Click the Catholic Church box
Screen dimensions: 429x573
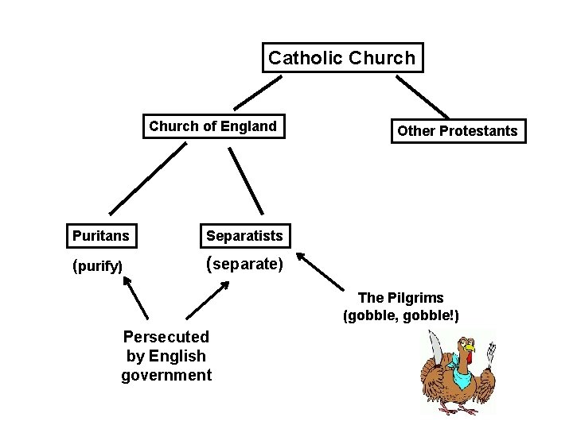point(342,58)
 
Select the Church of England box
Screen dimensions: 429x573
point(213,126)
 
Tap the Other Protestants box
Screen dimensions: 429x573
point(458,131)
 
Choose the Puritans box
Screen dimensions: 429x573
point(101,235)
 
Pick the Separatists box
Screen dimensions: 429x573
point(244,235)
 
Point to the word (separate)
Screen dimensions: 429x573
point(244,263)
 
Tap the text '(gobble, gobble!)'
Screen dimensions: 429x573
point(400,315)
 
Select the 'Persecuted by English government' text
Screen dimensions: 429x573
point(166,356)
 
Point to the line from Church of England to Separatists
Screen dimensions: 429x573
point(247,182)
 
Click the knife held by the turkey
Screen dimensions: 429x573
point(434,346)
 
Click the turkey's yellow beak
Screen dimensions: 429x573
point(470,348)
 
